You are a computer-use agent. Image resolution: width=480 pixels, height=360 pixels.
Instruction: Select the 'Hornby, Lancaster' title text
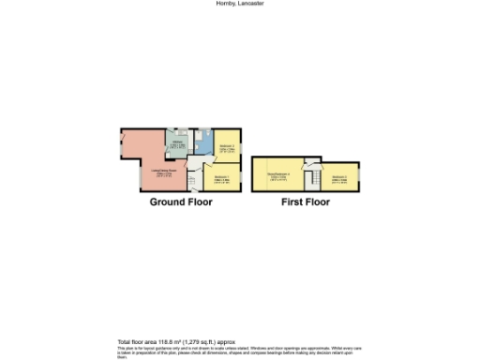(240, 4)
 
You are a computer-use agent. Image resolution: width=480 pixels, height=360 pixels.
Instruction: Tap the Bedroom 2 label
(227, 146)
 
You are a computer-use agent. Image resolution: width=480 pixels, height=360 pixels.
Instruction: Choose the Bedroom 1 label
(221, 178)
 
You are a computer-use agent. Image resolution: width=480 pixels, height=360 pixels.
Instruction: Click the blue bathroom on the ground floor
(204, 142)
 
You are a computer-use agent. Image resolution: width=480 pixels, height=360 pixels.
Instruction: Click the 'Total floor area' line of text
(176, 340)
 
